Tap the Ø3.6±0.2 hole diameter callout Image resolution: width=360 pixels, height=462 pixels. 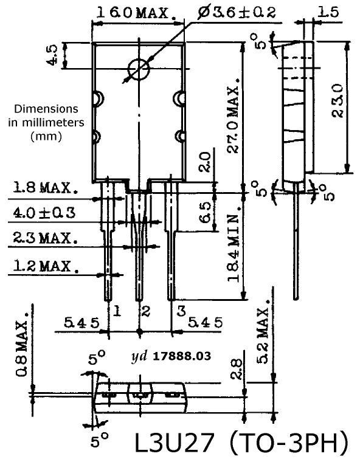pos(237,12)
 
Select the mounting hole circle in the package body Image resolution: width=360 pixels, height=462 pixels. pos(139,69)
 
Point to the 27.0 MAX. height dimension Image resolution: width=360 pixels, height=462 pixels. pos(234,115)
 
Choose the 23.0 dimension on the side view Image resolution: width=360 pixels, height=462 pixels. pos(337,101)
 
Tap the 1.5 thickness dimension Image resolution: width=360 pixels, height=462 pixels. pos(328,12)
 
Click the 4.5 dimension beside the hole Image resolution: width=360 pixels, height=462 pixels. pos(53,55)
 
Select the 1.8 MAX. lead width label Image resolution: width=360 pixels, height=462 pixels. pos(46,187)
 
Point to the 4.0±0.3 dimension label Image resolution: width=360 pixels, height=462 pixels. pos(44,212)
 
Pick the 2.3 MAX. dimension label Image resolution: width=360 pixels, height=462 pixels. pos(46,238)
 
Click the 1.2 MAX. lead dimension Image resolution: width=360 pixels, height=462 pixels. pos(46,266)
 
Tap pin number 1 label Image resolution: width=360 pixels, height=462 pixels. pos(117,311)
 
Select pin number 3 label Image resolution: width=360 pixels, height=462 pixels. pos(181,311)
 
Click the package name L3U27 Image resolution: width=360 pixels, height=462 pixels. pos(174,443)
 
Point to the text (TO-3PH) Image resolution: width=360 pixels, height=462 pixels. pos(289,443)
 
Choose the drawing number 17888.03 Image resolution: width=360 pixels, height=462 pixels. pos(182,356)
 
